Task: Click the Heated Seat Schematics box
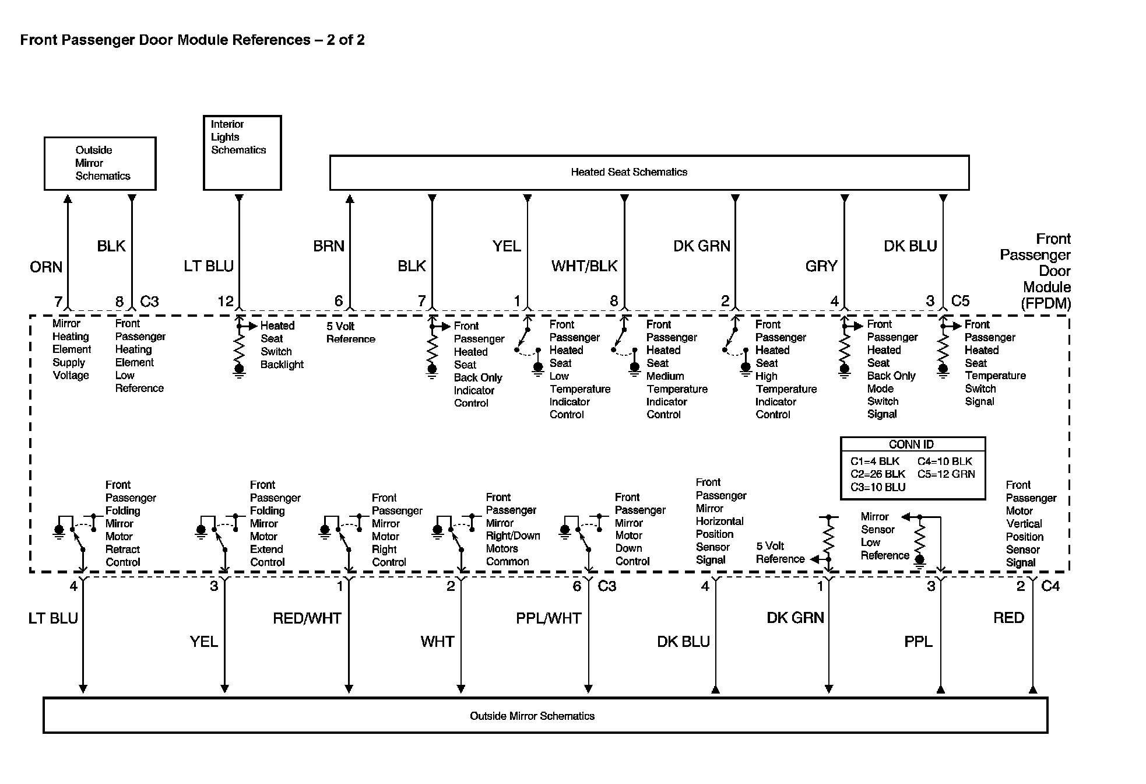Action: pos(649,172)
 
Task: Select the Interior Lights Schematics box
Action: pos(242,152)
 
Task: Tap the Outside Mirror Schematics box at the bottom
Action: pos(545,716)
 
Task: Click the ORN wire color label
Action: pos(46,267)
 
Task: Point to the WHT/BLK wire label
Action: pos(584,266)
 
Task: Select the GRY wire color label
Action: pos(821,266)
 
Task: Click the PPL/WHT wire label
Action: pos(549,618)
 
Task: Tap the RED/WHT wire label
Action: pos(307,618)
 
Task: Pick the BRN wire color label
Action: pos(329,246)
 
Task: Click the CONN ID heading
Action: pos(911,444)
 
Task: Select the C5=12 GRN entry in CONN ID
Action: pos(945,474)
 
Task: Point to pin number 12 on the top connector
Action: pos(226,302)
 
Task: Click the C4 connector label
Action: pos(1050,586)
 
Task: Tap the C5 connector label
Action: pos(960,301)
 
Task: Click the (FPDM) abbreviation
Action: pos(1046,303)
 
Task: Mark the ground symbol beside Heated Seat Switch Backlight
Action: pos(239,371)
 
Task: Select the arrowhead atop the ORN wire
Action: pos(68,199)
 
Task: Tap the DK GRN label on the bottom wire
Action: pos(795,618)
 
